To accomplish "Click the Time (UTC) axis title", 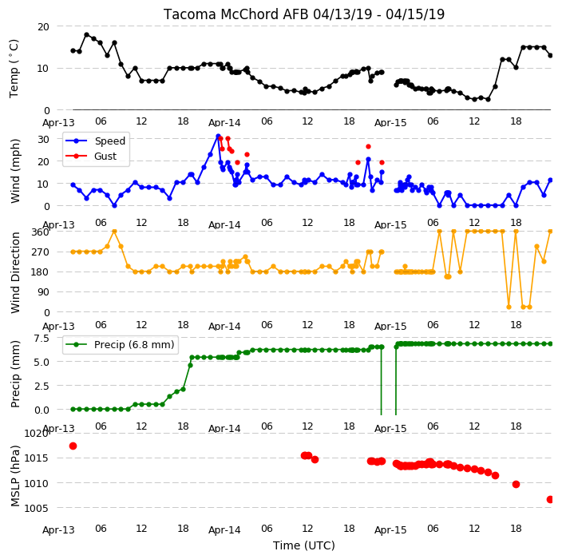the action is (304, 545).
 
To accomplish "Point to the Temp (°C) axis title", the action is (14, 69).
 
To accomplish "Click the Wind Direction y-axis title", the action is (15, 273).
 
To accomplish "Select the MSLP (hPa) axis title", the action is (15, 476).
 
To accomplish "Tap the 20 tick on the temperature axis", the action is (43, 27).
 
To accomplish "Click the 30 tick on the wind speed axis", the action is (43, 139).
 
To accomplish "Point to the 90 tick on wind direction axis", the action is (43, 292).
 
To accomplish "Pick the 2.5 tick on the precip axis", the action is (42, 386).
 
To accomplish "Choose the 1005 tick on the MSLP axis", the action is (36, 508).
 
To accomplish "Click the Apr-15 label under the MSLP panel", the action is (390, 530).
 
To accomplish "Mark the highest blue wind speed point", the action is (218, 137).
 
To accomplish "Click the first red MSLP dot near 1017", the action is (73, 446).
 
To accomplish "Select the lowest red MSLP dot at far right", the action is (550, 499).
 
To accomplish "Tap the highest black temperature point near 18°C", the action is (87, 35).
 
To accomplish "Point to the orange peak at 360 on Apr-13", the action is (114, 232).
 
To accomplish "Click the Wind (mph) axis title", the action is (15, 171).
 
